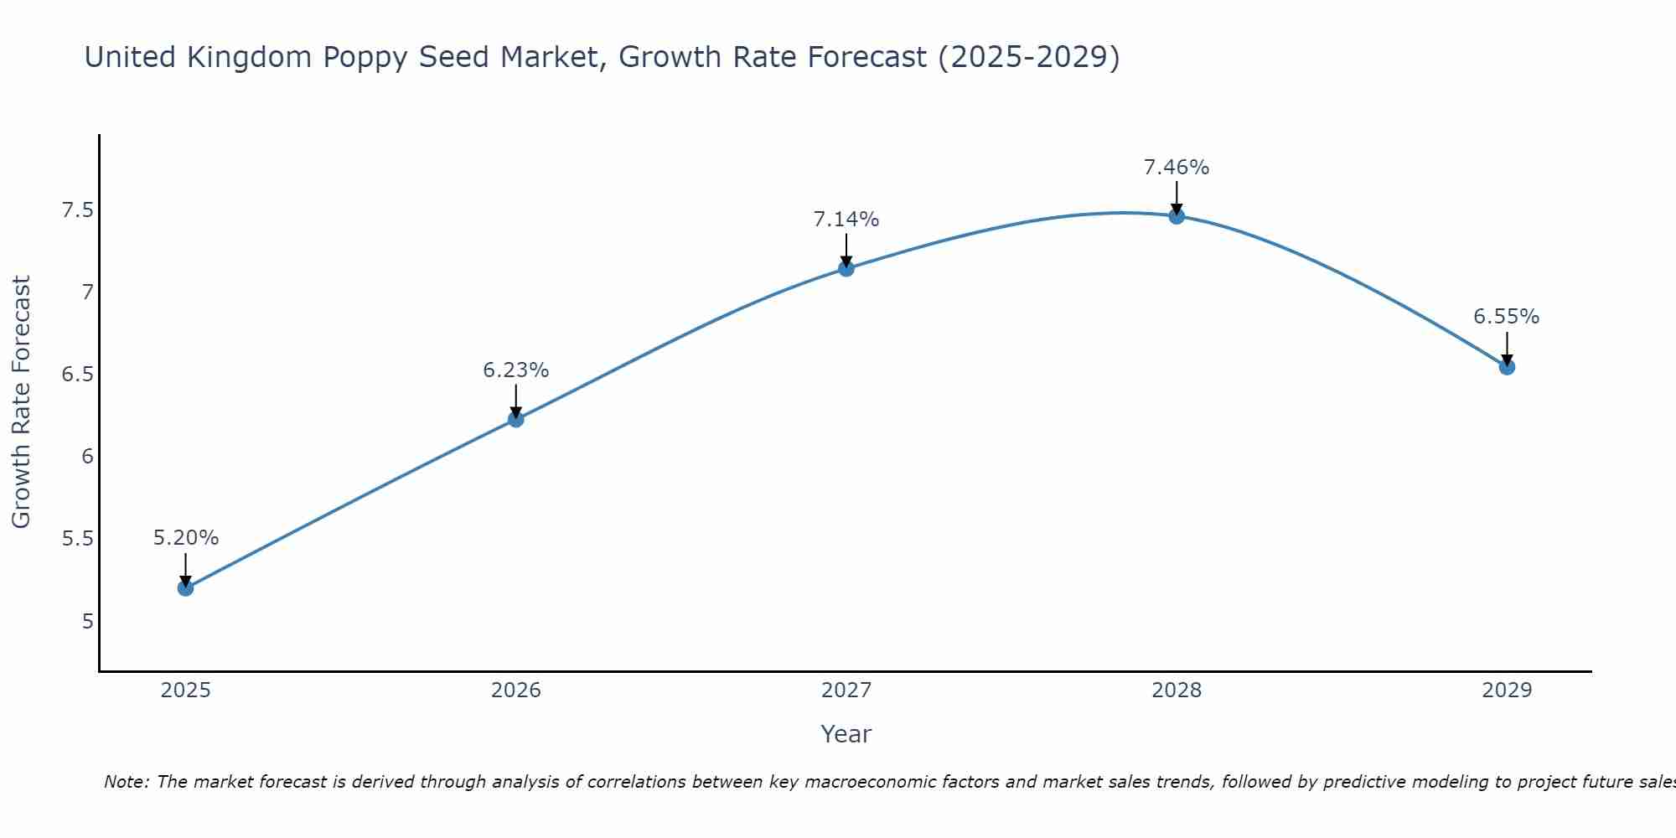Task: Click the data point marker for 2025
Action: point(185,588)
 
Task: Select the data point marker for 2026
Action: point(516,419)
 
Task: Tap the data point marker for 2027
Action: point(846,269)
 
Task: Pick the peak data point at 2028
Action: point(1177,216)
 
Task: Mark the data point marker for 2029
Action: point(1507,367)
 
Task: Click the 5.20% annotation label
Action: point(185,538)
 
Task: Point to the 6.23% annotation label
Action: point(516,370)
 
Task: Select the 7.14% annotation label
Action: point(846,220)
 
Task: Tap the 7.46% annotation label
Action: point(1177,168)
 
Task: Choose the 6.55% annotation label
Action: point(1507,317)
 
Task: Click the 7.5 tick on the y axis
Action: point(77,210)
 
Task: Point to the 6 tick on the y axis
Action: point(87,457)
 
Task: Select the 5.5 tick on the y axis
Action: point(77,539)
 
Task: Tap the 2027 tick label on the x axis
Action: point(846,691)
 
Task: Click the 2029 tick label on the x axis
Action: point(1507,691)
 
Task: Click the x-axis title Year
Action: point(846,734)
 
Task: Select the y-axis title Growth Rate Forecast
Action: point(22,402)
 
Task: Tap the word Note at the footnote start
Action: point(126,782)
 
